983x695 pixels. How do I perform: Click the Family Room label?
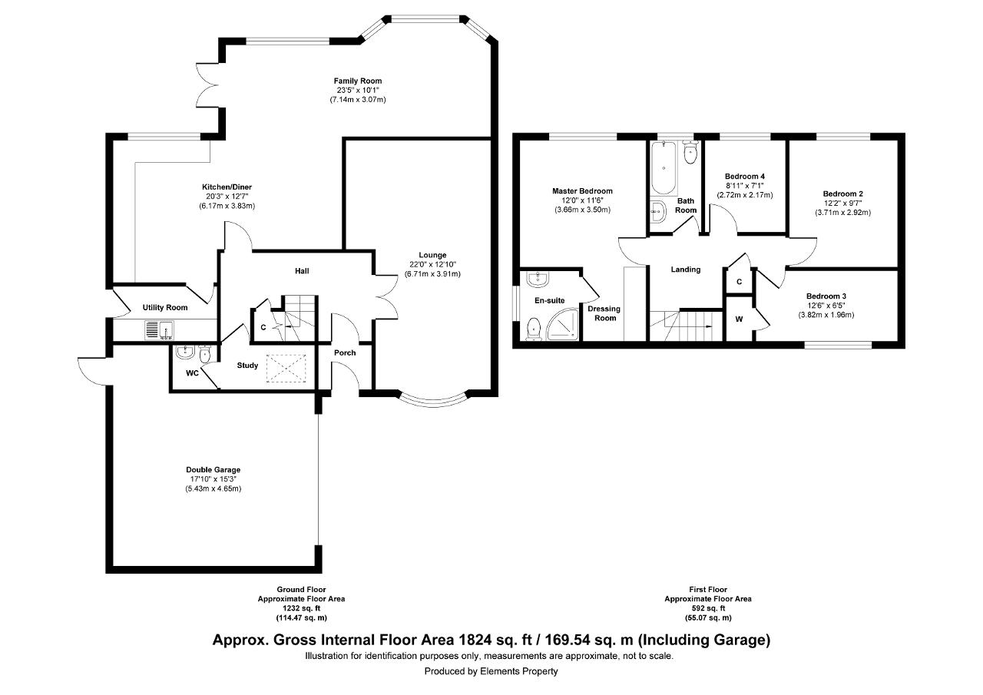coord(358,81)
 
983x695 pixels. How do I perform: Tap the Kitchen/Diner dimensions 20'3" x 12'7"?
coord(227,197)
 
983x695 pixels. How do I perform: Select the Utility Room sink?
coord(159,330)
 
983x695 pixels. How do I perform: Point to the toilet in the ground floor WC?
coord(205,354)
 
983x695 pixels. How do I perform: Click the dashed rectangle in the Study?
coord(286,368)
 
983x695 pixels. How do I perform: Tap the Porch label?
coord(345,352)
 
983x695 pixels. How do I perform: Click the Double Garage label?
coord(213,469)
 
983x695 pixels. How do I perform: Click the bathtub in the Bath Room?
coord(664,167)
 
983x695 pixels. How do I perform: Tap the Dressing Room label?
coord(604,313)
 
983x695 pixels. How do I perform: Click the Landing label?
coord(686,270)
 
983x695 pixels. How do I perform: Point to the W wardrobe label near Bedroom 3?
coord(739,319)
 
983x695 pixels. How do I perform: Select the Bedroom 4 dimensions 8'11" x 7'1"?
coord(745,186)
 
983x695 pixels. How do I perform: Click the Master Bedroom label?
coord(582,191)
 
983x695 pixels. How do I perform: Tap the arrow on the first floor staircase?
coord(695,326)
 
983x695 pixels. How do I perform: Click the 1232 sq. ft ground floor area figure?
coord(302,608)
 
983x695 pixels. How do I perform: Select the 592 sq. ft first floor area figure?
coord(708,608)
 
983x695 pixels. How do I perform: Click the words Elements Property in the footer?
coord(519,671)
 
